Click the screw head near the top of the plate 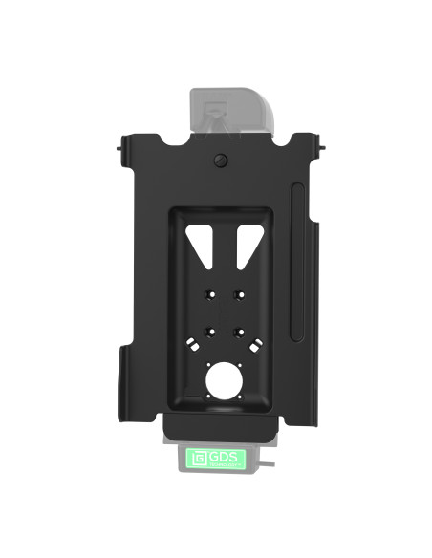221,161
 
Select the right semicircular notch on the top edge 284,140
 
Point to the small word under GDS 228,463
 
